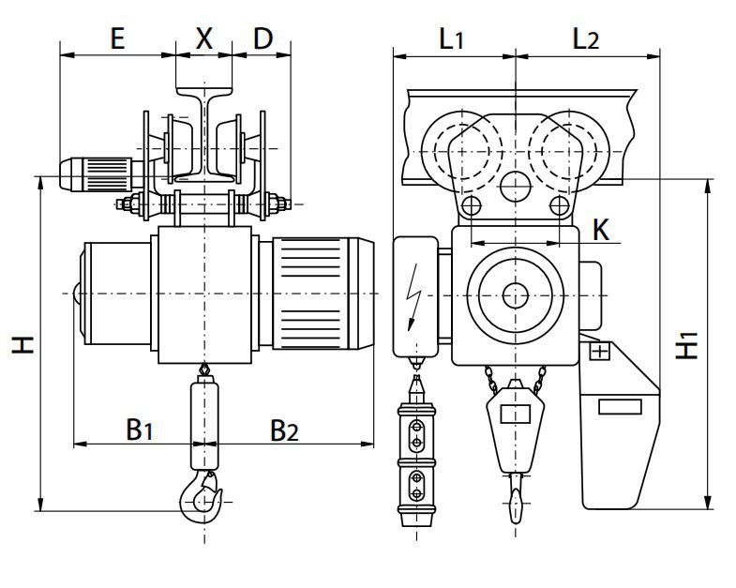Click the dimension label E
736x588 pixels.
pos(117,38)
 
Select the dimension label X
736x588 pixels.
pos(203,38)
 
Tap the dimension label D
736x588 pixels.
pos(263,38)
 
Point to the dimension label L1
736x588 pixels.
pos(452,38)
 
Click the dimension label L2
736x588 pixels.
pos(586,38)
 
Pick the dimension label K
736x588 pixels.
pos(603,230)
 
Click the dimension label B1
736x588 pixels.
pos(140,430)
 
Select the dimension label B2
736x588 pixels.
pos(284,430)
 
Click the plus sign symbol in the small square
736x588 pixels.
pos(599,352)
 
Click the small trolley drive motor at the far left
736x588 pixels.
pos(94,172)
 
